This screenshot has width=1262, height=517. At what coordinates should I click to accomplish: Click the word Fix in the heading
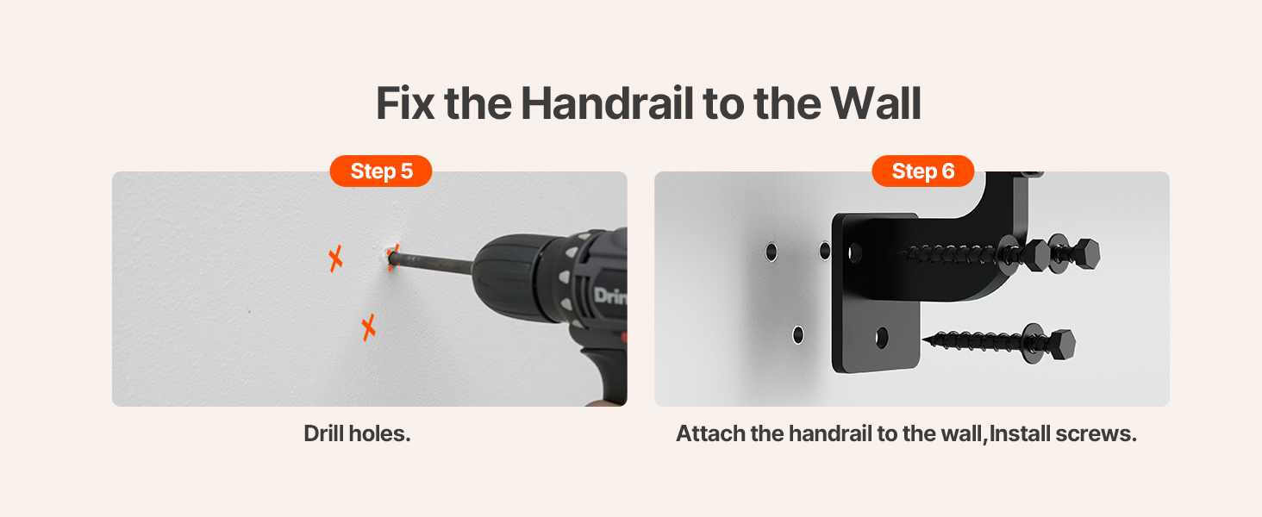coord(405,103)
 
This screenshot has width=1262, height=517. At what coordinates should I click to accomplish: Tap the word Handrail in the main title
coord(607,103)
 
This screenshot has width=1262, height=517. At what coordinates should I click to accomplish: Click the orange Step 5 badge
coord(381,171)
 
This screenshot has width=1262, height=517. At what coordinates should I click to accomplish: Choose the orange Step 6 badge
coord(923,171)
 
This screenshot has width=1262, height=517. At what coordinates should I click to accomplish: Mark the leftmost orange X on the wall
coord(336,258)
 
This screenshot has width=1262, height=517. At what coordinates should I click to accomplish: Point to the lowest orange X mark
coord(368,327)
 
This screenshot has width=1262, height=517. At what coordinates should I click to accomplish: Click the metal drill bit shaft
coord(431,263)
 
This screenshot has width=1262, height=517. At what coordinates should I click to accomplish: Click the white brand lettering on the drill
coord(610,295)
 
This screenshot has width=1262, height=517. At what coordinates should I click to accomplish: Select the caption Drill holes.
coord(357,433)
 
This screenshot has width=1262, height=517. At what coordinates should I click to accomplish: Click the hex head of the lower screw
coord(1060,345)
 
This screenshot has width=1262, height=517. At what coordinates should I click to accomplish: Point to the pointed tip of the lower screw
coord(925,339)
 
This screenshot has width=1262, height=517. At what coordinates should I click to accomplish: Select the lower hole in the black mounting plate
coord(882,338)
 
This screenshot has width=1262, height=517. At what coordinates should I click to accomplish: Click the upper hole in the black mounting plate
coord(854,252)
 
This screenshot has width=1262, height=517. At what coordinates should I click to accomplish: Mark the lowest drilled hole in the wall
coord(798,334)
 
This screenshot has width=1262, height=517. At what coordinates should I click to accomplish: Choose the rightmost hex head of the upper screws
coord(1084,254)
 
